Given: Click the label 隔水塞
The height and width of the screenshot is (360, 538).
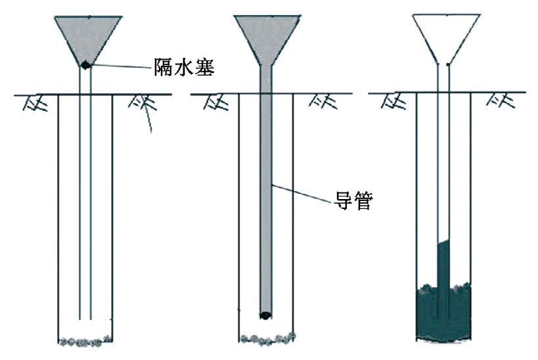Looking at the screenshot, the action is tap(184, 66).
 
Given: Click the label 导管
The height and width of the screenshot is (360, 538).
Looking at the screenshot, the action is tap(353, 200).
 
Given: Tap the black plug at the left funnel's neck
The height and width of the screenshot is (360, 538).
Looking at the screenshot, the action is tap(85, 64).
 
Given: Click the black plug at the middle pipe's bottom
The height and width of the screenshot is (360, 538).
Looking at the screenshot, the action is tap(265, 315).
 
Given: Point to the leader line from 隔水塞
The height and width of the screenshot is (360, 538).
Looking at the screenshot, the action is tap(121, 66).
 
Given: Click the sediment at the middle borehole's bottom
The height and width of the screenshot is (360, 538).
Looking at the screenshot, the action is tap(267, 338).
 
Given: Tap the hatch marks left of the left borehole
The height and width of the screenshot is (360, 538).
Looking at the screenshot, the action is tap(35, 102).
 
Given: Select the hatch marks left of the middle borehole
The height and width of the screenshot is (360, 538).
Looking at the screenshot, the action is tap(216, 102).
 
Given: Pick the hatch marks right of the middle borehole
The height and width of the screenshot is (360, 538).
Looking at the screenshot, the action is tap(323, 102).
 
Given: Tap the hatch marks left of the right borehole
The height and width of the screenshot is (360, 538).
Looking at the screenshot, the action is tap(393, 101).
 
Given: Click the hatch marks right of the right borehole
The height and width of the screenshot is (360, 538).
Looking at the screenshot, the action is tap(501, 101).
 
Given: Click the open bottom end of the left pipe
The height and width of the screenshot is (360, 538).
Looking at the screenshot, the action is tap(85, 319).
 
